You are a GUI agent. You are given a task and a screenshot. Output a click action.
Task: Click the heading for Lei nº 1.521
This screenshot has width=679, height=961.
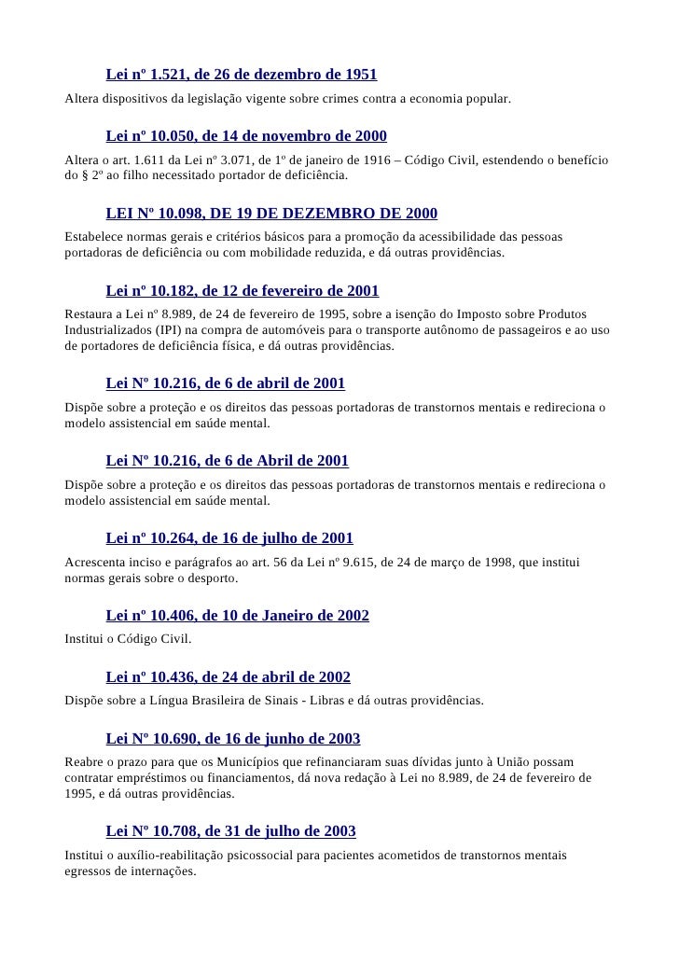pyautogui.click(x=242, y=74)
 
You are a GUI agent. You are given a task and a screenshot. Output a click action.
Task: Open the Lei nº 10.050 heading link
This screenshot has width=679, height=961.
pyautogui.click(x=246, y=136)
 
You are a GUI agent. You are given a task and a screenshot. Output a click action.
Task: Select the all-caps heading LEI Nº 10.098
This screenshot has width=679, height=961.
pyautogui.click(x=271, y=214)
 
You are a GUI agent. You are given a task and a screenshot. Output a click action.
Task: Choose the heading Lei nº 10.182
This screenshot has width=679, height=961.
pyautogui.click(x=242, y=291)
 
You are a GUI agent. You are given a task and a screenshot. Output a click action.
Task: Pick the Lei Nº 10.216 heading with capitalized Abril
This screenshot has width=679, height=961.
pyautogui.click(x=228, y=461)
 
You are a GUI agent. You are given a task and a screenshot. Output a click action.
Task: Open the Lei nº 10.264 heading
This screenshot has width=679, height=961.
pyautogui.click(x=229, y=538)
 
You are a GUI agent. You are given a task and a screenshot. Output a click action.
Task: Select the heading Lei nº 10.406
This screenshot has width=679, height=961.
pyautogui.click(x=238, y=616)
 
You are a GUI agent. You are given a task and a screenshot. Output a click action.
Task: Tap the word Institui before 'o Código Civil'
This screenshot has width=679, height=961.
pyautogui.click(x=83, y=639)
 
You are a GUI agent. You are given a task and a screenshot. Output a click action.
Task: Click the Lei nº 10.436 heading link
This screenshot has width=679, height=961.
pyautogui.click(x=229, y=677)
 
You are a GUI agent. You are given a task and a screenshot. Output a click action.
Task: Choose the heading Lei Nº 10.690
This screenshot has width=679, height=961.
pyautogui.click(x=233, y=739)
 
